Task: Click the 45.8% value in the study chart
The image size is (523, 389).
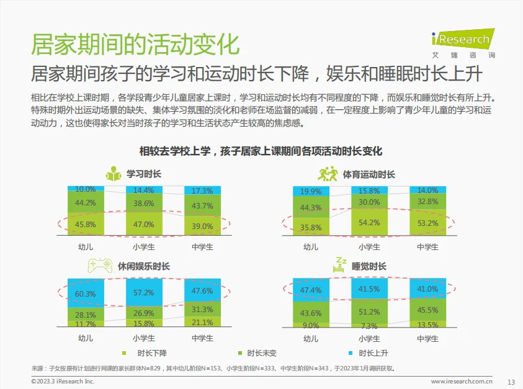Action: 86,225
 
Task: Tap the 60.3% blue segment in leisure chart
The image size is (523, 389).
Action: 86,293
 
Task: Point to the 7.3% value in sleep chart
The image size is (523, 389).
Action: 369,326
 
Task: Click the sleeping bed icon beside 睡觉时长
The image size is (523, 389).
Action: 341,265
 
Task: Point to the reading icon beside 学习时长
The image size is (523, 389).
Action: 113,174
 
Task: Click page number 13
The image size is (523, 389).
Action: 511,382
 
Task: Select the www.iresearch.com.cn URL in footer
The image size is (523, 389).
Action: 462,382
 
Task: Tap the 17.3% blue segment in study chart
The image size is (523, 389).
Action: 202,190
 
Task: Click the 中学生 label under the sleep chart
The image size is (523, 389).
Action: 427,339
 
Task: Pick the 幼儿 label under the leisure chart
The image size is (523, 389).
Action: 86,339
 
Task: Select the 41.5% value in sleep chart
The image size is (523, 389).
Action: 369,289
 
